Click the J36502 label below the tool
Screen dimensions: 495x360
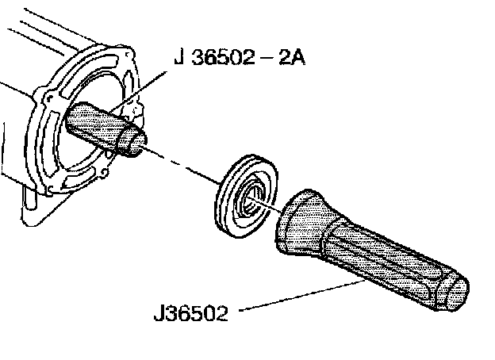pos(191,313)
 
